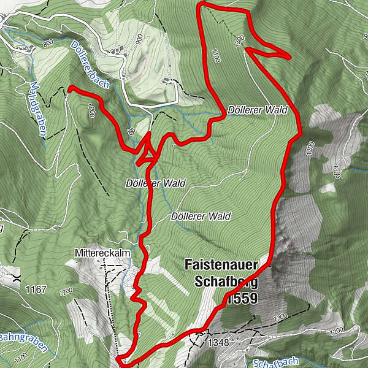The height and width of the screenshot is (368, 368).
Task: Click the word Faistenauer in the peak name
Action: coord(221,265)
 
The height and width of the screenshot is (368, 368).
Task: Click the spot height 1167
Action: coord(36,288)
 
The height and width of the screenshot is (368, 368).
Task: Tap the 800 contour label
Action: coord(49,43)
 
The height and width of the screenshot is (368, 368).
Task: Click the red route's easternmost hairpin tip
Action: coord(288,56)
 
